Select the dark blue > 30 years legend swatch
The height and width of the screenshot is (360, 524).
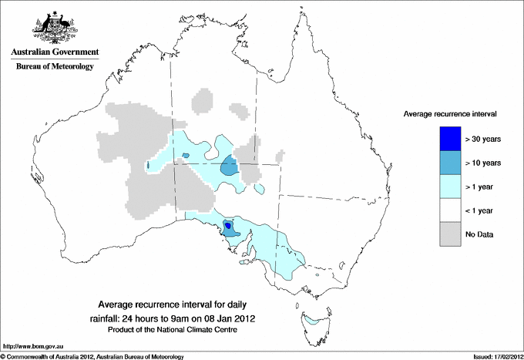[x=449, y=139]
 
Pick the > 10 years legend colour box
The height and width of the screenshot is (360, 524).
[x=449, y=163]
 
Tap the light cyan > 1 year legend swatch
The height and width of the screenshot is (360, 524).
[x=449, y=187]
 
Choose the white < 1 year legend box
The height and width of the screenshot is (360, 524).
[x=449, y=210]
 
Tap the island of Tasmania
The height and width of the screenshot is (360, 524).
[x=314, y=324]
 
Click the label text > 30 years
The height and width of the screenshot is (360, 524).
[x=483, y=139]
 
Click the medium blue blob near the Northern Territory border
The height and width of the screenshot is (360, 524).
[x=229, y=167]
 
